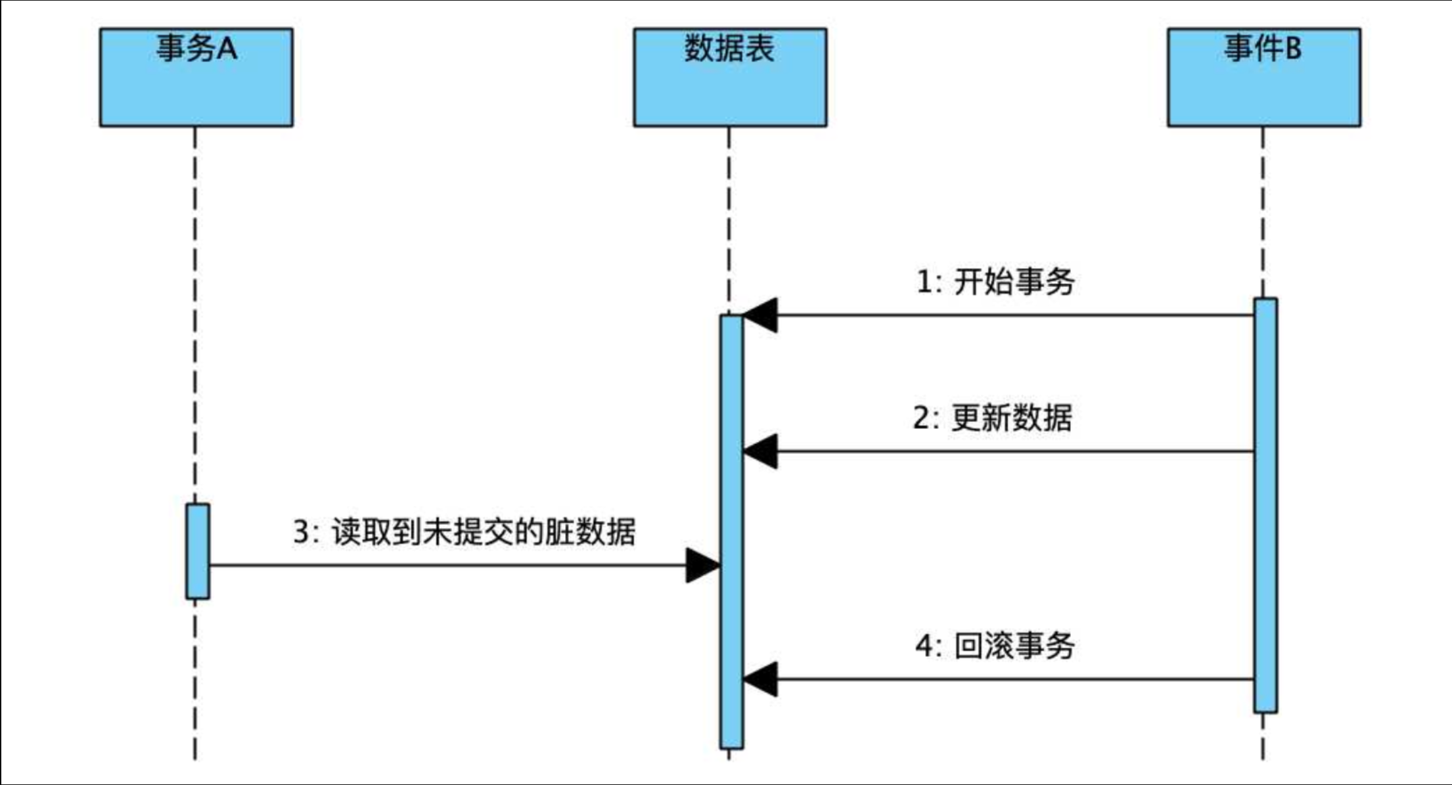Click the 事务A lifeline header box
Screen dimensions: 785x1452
(x=196, y=77)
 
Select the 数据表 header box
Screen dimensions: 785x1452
(x=729, y=77)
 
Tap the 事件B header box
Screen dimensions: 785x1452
(x=1263, y=77)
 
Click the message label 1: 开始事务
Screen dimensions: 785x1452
(x=995, y=282)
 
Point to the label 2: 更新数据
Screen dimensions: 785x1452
(x=992, y=418)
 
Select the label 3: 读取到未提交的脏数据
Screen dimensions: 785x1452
(x=464, y=531)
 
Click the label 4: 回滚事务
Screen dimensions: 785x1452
(x=995, y=646)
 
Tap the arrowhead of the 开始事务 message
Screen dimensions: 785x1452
(x=761, y=315)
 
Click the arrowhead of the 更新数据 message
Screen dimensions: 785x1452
(x=761, y=451)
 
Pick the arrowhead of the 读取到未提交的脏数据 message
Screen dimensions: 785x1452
(x=702, y=565)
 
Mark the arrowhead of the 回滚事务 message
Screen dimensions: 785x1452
(x=761, y=679)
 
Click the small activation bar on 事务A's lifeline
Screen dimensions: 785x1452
(x=197, y=551)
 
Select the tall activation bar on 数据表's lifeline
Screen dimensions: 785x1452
(x=731, y=532)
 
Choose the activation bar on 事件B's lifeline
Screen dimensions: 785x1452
(x=1265, y=505)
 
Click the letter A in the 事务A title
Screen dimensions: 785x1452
(x=226, y=49)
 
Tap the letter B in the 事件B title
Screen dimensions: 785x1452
(x=1292, y=49)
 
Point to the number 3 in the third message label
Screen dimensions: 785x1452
(x=301, y=531)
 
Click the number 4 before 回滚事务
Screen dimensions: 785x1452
(x=924, y=646)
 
